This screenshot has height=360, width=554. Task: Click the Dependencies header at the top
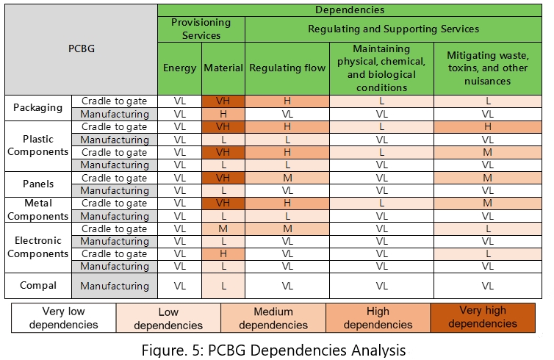click(x=350, y=10)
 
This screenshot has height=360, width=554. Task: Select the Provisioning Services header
click(x=201, y=29)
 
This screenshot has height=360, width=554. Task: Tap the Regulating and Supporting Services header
click(x=393, y=29)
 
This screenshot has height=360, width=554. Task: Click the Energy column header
click(x=179, y=68)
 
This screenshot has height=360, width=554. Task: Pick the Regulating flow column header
click(x=287, y=68)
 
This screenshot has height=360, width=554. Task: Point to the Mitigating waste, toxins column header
click(x=487, y=68)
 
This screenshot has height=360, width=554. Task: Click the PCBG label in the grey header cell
click(x=81, y=48)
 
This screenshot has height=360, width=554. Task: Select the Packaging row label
click(x=37, y=107)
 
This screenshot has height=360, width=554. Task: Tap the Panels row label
click(x=37, y=184)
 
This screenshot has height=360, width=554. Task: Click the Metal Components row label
click(x=37, y=210)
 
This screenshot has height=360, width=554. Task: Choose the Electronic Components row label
click(x=37, y=248)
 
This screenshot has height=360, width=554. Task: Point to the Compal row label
click(x=37, y=286)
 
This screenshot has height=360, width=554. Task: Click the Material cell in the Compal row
click(x=223, y=286)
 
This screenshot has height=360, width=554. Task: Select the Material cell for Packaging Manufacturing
click(x=223, y=114)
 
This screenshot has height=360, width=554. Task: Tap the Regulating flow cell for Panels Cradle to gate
click(x=287, y=179)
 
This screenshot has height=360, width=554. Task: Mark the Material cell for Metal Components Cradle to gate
click(x=223, y=204)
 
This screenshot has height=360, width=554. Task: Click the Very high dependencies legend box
click(x=483, y=317)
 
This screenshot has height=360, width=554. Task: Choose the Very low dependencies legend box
click(x=63, y=317)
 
